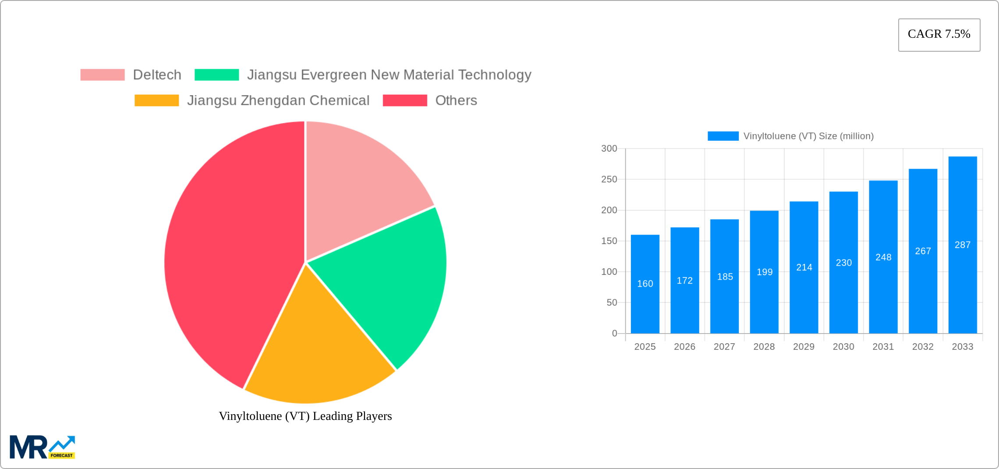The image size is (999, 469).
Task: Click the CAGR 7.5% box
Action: [939, 35]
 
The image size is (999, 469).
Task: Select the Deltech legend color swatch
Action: [103, 75]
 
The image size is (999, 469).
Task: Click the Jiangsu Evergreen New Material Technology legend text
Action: [389, 75]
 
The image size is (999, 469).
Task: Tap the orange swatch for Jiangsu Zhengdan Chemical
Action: [156, 100]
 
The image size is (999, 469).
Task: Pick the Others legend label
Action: [456, 100]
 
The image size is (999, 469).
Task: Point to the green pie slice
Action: [386, 285]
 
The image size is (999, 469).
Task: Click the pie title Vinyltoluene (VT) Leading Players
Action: [305, 416]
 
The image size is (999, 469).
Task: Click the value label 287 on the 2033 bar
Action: [963, 245]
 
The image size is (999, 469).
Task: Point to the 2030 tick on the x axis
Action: [843, 347]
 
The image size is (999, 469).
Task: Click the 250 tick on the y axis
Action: [609, 179]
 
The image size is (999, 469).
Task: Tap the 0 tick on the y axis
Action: [614, 334]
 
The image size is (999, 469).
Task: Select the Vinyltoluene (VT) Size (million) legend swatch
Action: [723, 136]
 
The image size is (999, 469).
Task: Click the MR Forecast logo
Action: [43, 447]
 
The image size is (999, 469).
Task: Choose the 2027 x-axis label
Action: [724, 347]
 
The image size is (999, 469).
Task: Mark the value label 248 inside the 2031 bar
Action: [883, 257]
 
